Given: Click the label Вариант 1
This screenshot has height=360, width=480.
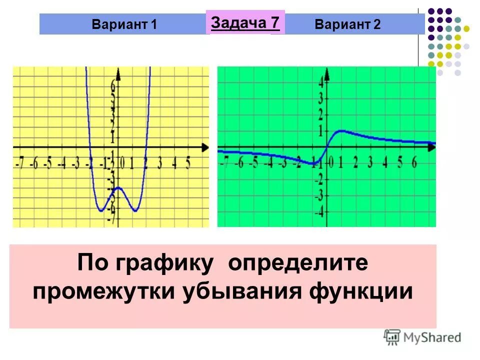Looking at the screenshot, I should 124,24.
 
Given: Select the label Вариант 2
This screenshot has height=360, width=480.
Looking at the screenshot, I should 347,24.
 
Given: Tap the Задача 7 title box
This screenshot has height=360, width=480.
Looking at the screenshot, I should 245,22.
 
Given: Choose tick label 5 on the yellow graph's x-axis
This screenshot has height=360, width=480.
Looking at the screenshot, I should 188,163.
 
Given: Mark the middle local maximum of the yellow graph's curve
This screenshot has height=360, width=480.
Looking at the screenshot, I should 118,187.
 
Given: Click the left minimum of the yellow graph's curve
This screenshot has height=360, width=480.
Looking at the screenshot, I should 101,210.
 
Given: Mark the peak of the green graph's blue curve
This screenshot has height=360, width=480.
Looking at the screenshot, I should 341,131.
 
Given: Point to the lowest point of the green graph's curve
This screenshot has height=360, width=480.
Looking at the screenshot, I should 314,163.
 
